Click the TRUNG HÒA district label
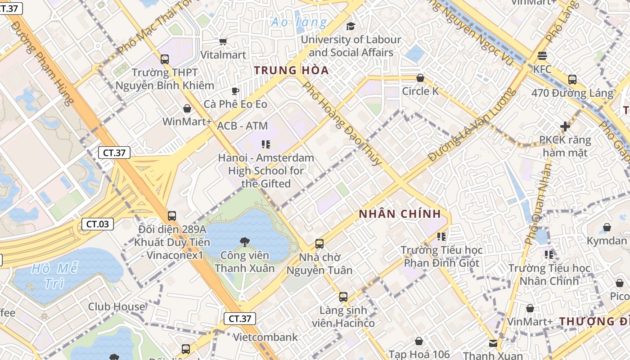click(291, 71)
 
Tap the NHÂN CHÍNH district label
click(400, 214)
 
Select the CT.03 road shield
click(97, 224)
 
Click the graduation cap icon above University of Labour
click(351, 26)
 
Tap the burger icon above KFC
click(542, 56)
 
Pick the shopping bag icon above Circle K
click(420, 78)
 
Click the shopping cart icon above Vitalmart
click(223, 42)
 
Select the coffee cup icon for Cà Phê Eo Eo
click(235, 91)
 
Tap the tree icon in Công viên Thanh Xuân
click(244, 242)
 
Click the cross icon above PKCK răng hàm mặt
click(565, 126)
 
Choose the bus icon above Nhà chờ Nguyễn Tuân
click(319, 244)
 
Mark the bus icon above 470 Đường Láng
click(572, 80)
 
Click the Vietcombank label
click(265, 337)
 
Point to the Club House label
click(117, 307)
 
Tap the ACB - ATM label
click(242, 126)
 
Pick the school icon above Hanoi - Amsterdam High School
click(265, 144)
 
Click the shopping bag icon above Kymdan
click(607, 227)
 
